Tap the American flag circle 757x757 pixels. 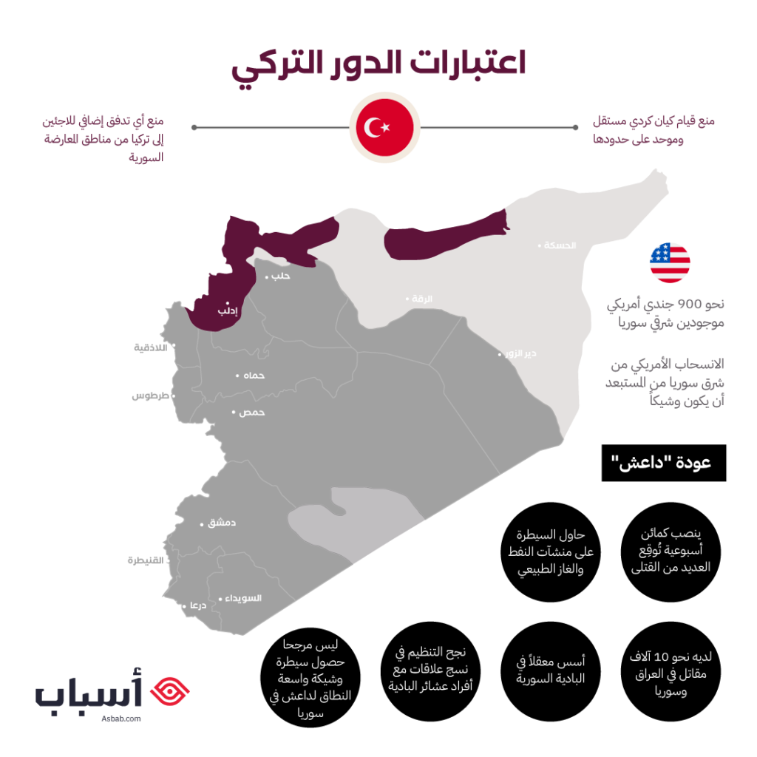click(x=670, y=262)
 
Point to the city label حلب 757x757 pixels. click(x=282, y=276)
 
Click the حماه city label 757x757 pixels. click(x=254, y=376)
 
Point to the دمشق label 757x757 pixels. click(x=222, y=523)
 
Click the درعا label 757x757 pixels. click(x=197, y=605)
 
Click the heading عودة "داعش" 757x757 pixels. click(x=660, y=464)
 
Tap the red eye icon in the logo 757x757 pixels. click(x=169, y=690)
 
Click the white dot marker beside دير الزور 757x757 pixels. click(x=499, y=355)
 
